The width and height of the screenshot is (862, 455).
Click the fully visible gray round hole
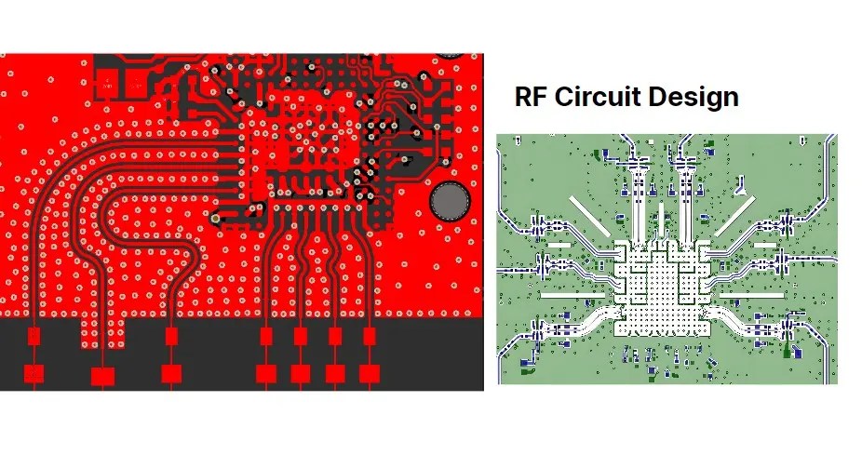(x=449, y=202)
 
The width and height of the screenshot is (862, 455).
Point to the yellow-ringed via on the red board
(x=216, y=219)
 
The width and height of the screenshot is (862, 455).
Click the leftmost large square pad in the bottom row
(x=34, y=374)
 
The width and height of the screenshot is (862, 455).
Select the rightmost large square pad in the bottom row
(x=370, y=374)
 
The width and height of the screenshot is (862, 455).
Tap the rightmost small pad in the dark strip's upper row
(x=370, y=335)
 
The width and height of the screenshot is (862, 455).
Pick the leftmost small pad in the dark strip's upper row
(x=34, y=336)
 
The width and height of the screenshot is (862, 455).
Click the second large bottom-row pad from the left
(x=102, y=376)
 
